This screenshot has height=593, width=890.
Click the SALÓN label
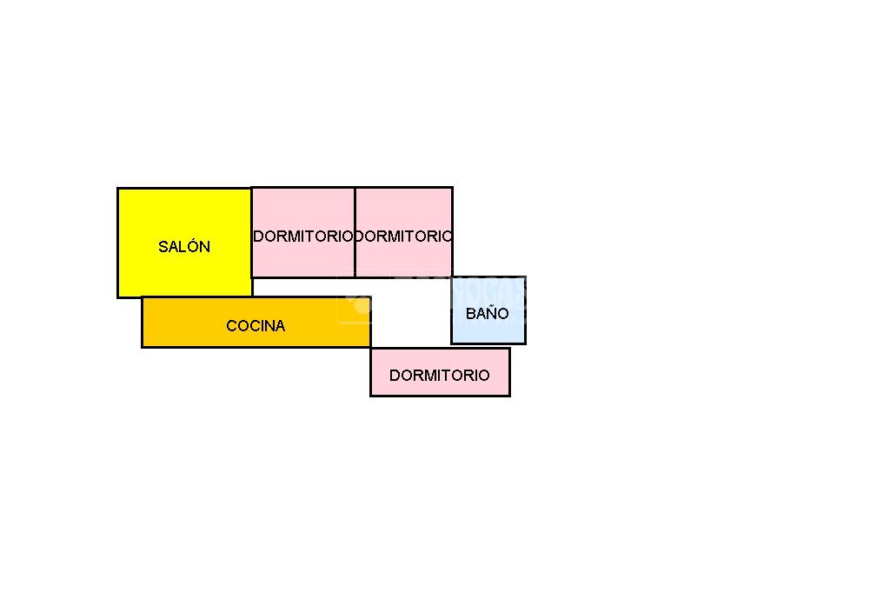(x=184, y=247)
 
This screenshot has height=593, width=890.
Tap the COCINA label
(x=256, y=325)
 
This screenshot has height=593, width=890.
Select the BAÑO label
(x=487, y=313)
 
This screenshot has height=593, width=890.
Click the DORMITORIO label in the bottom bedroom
(x=439, y=375)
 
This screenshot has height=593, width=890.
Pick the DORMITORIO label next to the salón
(x=303, y=237)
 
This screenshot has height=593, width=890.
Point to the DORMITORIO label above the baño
(x=403, y=237)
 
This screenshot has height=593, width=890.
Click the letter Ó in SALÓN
(x=193, y=246)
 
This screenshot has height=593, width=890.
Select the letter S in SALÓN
(x=163, y=247)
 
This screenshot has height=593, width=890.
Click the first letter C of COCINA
(x=231, y=325)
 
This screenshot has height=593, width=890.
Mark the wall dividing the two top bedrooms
(x=355, y=232)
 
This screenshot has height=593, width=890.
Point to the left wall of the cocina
(x=143, y=322)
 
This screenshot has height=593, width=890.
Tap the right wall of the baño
(x=525, y=310)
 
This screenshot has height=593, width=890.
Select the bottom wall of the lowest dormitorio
(x=441, y=395)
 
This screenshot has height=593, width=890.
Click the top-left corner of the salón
(x=118, y=189)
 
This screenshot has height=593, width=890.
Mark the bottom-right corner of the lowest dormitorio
(x=509, y=396)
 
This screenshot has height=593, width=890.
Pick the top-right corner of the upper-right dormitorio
(x=452, y=188)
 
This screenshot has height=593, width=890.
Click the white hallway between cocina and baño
(x=411, y=312)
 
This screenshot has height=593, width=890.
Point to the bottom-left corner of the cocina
(x=143, y=346)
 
